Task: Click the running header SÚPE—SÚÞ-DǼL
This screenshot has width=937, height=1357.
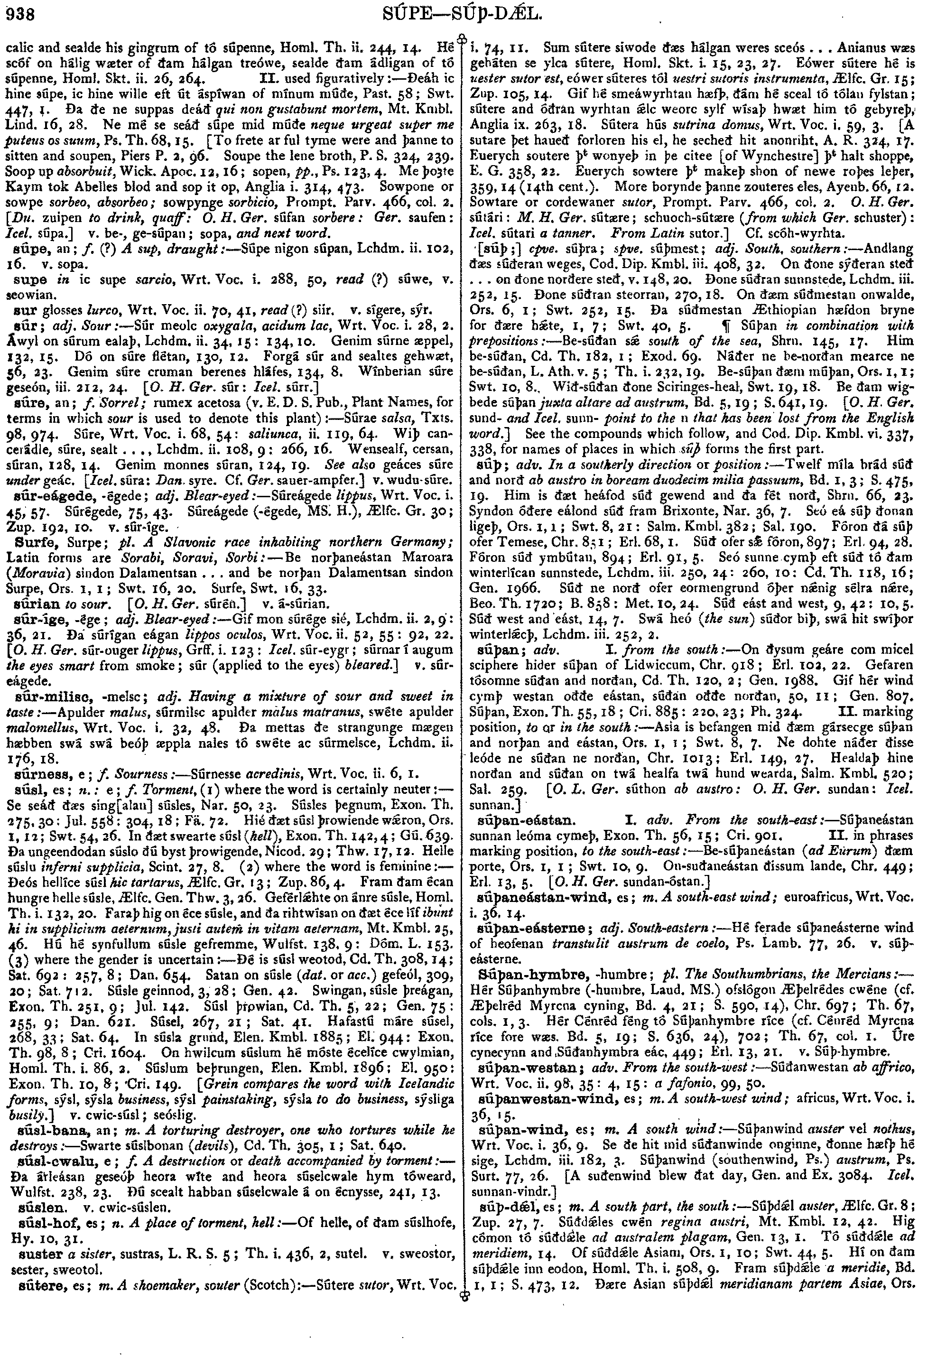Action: (468, 12)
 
